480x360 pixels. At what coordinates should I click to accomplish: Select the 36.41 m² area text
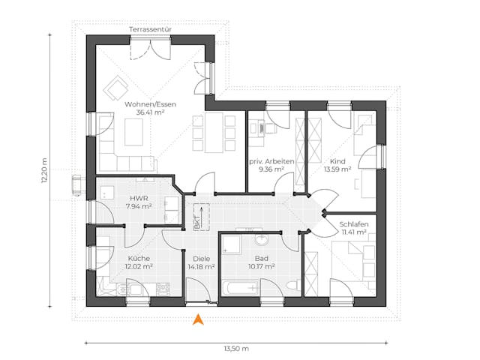[151, 112]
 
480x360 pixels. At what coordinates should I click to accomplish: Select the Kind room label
[336, 161]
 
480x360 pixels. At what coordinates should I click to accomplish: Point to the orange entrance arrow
[198, 319]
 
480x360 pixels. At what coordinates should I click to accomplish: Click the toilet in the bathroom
[293, 286]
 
